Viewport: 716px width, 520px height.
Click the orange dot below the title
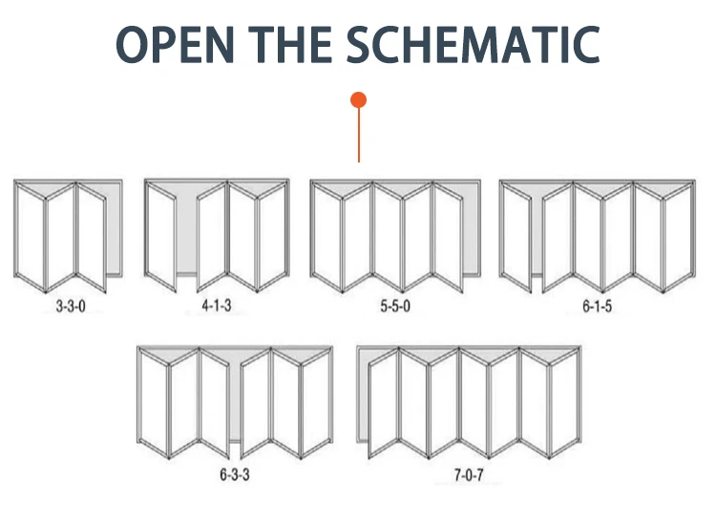359,99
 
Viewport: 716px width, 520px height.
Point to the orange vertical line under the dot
359,134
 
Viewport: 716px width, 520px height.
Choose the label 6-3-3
236,474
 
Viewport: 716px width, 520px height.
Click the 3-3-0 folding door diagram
69,234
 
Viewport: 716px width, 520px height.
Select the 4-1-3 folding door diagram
217,233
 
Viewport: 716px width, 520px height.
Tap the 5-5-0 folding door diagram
392,234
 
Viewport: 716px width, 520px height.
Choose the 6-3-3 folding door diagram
236,401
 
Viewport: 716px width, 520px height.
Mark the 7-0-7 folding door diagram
469,401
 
